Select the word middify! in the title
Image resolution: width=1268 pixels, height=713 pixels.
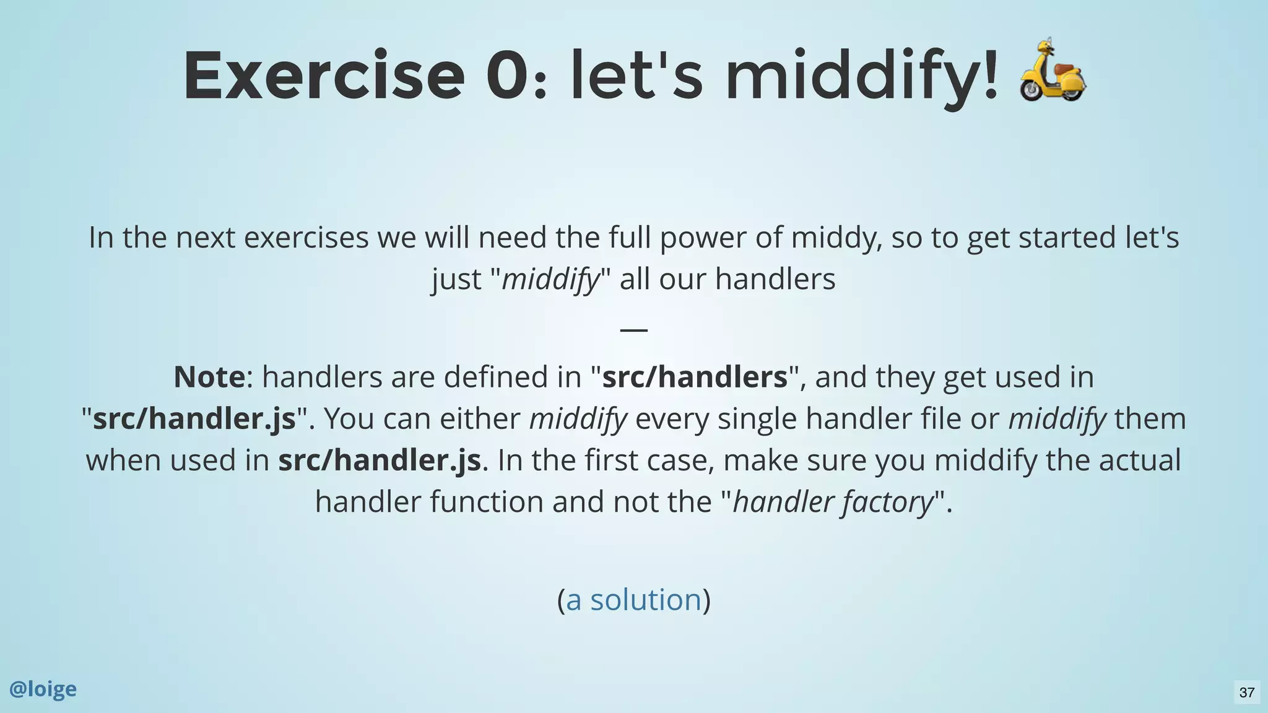pyautogui.click(x=861, y=77)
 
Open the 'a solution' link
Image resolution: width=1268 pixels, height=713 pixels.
pyautogui.click(x=633, y=600)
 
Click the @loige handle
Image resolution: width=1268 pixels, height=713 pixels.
pyautogui.click(x=43, y=689)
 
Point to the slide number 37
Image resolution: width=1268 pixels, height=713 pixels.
pyautogui.click(x=1246, y=692)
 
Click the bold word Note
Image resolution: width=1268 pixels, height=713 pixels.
pyautogui.click(x=209, y=377)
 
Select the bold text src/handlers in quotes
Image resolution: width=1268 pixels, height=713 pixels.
pyautogui.click(x=695, y=377)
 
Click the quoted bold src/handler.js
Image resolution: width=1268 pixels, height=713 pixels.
pyautogui.click(x=194, y=418)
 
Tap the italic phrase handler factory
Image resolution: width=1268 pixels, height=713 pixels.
pyautogui.click(x=833, y=501)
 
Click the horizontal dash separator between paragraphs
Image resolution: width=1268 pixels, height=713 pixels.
pyautogui.click(x=633, y=329)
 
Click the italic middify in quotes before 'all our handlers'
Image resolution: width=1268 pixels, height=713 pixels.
pyautogui.click(x=550, y=279)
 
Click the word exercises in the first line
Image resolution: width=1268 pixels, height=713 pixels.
pyautogui.click(x=306, y=238)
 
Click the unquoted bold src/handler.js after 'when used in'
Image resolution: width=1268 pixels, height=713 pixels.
pyautogui.click(x=380, y=460)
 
